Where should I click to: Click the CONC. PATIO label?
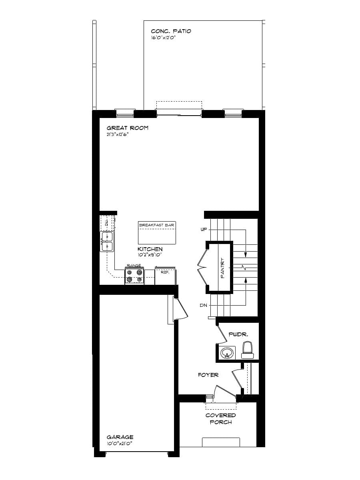click(x=171, y=31)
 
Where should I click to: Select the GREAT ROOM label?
click(x=127, y=128)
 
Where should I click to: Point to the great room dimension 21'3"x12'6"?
click(x=118, y=134)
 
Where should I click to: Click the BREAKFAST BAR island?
click(x=157, y=233)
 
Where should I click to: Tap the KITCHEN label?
click(x=150, y=249)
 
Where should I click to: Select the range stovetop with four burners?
click(x=134, y=276)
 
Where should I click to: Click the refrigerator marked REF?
click(x=165, y=276)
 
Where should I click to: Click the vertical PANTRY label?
click(x=223, y=267)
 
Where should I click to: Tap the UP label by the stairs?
click(x=204, y=230)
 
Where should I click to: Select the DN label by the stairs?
click(x=204, y=305)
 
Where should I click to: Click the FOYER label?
click(x=208, y=375)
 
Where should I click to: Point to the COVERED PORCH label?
click(x=220, y=418)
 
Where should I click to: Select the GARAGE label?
click(x=120, y=437)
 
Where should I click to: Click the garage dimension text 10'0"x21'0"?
click(x=119, y=443)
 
